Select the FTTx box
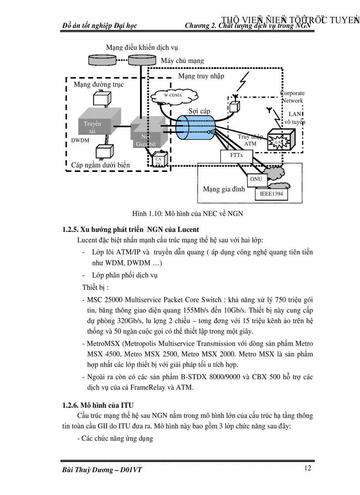click(x=236, y=156)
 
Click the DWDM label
click(x=80, y=141)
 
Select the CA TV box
click(x=158, y=161)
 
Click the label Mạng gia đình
click(x=224, y=189)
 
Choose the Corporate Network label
click(x=293, y=97)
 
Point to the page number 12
click(x=307, y=468)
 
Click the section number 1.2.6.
click(x=72, y=405)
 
